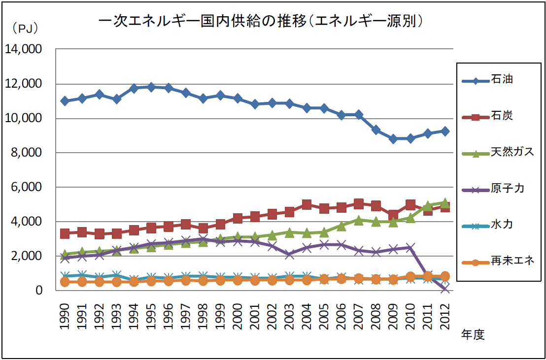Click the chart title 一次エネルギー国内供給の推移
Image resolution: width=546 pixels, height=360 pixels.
pyautogui.click(x=261, y=21)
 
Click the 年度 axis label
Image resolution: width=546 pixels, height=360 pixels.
pyautogui.click(x=473, y=335)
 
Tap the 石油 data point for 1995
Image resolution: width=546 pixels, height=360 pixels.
pyautogui.click(x=151, y=87)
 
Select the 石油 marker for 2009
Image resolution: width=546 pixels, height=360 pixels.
pyautogui.click(x=393, y=139)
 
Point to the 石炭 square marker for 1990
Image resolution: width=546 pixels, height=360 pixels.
pyautogui.click(x=65, y=233)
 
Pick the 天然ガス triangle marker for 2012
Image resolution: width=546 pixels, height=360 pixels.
pyautogui.click(x=445, y=203)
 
